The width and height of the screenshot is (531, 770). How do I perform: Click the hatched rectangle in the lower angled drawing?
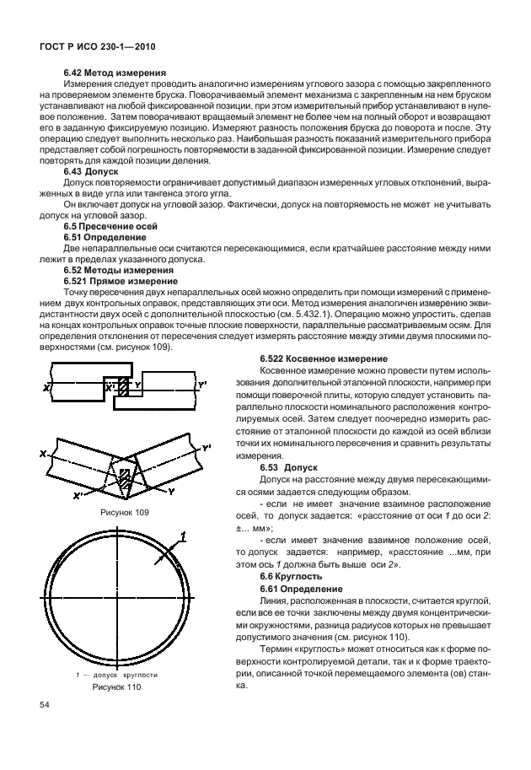pos(124,475)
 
